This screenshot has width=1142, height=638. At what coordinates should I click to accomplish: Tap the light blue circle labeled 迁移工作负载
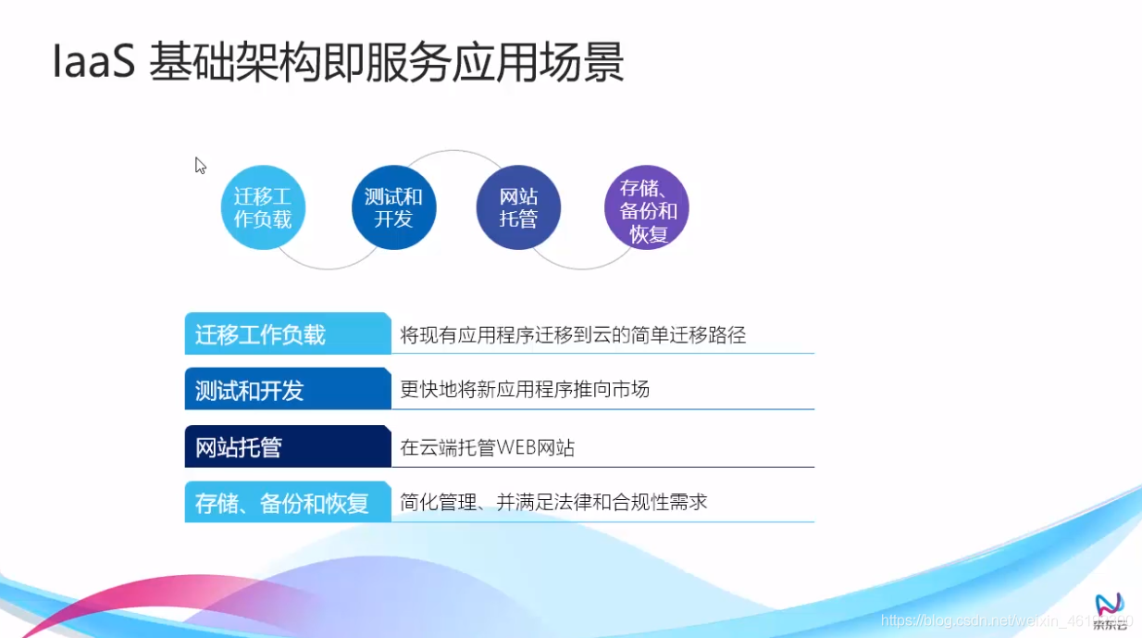coord(263,208)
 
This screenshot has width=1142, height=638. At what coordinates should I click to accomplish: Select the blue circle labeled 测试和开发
coord(393,208)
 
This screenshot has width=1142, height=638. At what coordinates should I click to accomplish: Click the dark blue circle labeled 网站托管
coord(518,208)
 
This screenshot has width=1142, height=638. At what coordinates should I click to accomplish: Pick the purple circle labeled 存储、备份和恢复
coord(647,208)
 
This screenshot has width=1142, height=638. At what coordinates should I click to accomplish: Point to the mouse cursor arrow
coord(199,165)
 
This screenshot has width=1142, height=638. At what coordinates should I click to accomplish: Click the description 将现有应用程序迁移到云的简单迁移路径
coord(573,335)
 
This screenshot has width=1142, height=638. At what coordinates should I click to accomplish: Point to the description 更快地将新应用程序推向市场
coord(525,390)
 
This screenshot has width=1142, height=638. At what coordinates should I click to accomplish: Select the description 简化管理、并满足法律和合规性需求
coord(553,502)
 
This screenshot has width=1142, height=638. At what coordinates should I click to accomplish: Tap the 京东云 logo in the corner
coord(1109,611)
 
